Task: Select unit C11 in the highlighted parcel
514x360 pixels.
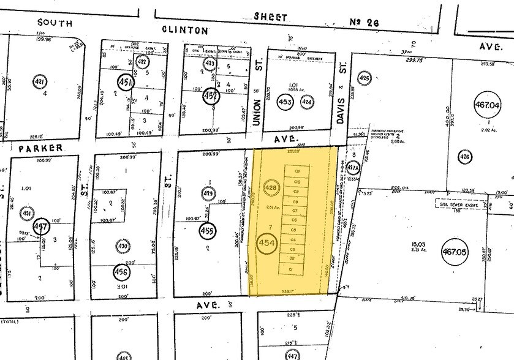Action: click(x=298, y=171)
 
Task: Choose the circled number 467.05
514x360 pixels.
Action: click(x=484, y=251)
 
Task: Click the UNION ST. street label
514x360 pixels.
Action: click(x=258, y=104)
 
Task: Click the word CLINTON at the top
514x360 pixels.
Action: click(x=185, y=29)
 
